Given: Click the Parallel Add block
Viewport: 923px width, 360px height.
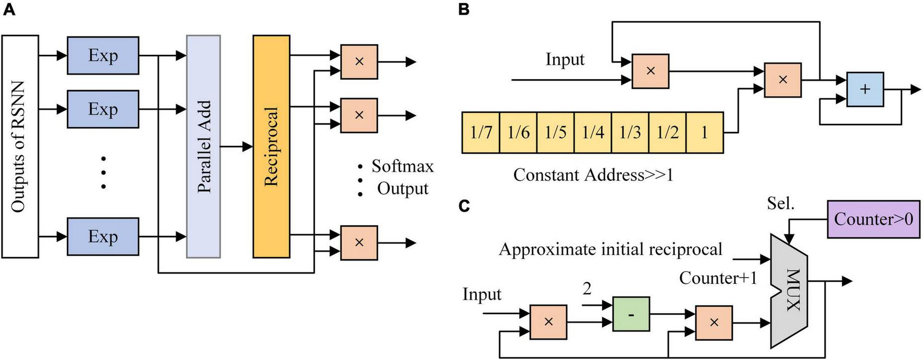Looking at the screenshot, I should tap(203, 146).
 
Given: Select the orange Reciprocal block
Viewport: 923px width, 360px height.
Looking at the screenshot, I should tap(271, 146).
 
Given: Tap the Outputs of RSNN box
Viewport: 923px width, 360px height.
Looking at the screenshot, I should tap(20, 146).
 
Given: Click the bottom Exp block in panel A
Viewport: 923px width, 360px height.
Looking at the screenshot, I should tap(103, 237).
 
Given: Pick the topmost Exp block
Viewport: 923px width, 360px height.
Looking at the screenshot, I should tap(103, 55).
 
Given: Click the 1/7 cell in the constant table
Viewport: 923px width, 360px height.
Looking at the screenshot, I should tap(481, 132).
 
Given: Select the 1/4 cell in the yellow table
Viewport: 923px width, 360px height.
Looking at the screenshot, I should tap(593, 132).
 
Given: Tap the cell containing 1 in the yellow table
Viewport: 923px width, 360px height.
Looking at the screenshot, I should tap(704, 132).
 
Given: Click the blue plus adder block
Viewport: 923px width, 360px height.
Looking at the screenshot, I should tap(865, 90).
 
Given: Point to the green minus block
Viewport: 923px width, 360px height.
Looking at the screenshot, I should tap(631, 314).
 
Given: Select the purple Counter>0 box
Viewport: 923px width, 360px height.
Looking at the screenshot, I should tap(873, 219).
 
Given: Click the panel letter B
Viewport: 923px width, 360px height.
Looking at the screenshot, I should tap(464, 9).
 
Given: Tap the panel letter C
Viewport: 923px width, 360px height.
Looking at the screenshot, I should tap(464, 206).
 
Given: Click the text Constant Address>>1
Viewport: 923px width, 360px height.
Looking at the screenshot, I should tap(593, 175).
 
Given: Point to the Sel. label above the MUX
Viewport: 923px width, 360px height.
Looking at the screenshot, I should tap(780, 204).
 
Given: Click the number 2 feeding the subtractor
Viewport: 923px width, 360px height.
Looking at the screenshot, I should tap(587, 288).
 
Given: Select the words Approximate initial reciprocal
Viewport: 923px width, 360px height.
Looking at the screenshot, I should tap(610, 249).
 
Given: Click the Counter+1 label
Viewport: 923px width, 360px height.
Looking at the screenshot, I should tap(718, 278).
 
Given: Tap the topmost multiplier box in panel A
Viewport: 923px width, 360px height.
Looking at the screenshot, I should tap(359, 61).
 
